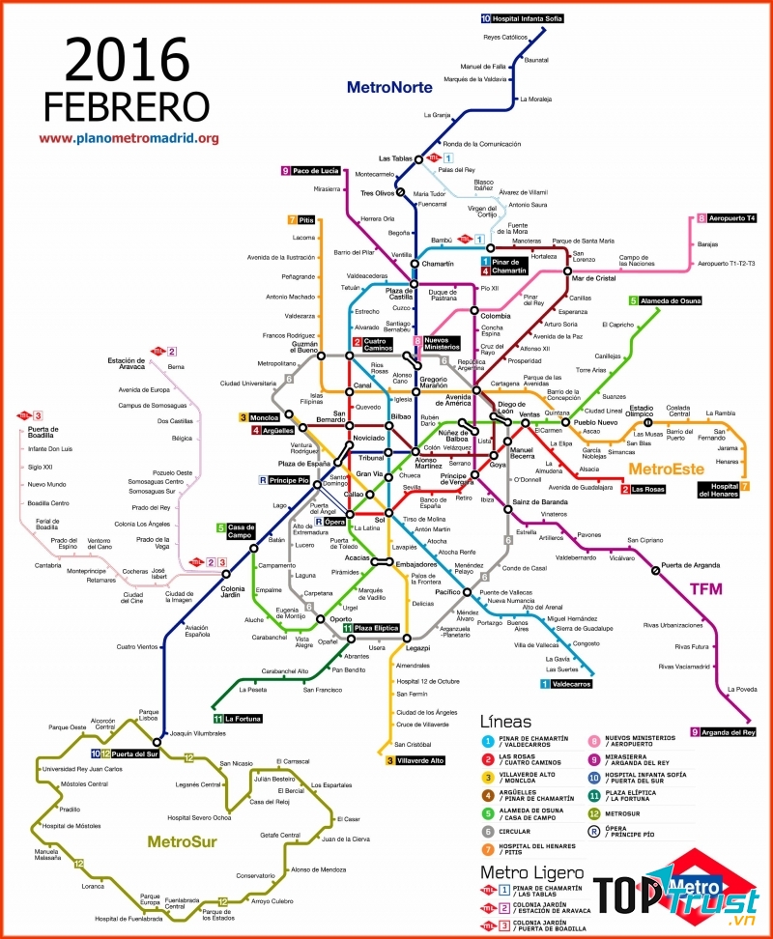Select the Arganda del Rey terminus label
point(729,732)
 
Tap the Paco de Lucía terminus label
point(315,171)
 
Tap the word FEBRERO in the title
point(127,105)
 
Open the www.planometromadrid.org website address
point(129,138)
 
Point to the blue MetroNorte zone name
point(387,87)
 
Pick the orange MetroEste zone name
point(664,469)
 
